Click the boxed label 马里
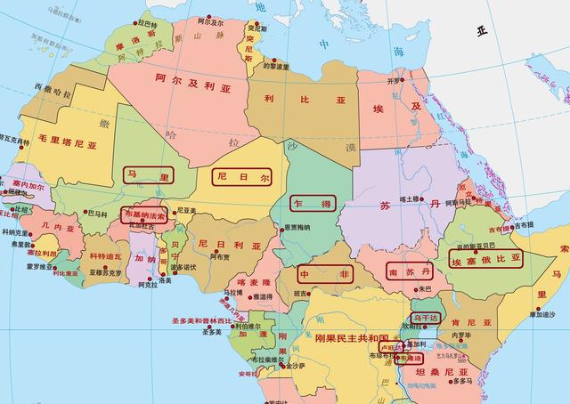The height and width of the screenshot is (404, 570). pos(148,175)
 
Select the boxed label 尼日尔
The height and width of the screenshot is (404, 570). pos(240,175)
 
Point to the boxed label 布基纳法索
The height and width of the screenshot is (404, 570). pos(143,214)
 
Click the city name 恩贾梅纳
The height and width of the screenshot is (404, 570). pos(297,228)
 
